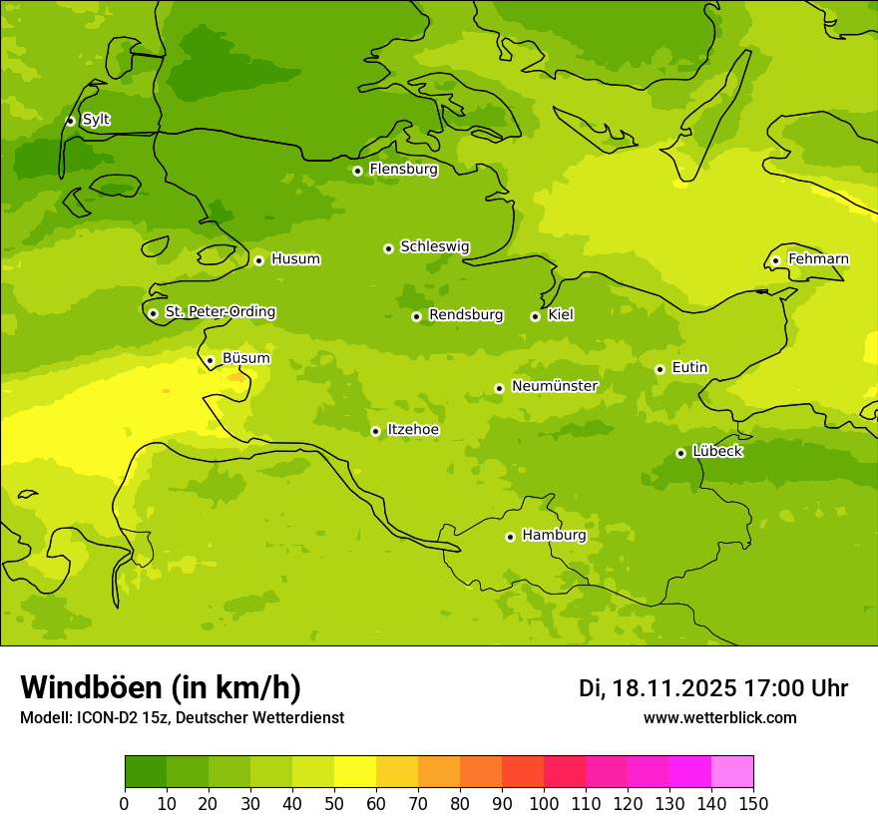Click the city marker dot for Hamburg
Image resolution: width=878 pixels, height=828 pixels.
[510, 537]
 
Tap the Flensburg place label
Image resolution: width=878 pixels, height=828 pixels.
[403, 170]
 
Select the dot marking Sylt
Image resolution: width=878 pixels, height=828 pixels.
[70, 121]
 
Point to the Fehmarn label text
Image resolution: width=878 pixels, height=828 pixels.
[818, 259]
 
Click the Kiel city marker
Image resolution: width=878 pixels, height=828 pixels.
[535, 316]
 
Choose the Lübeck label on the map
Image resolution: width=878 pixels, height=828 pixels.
[716, 451]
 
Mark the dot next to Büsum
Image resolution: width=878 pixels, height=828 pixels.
[210, 360]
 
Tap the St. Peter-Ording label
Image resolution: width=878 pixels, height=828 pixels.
[219, 312]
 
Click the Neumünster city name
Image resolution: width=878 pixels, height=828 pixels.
[554, 386]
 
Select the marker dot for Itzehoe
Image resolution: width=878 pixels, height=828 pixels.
[375, 431]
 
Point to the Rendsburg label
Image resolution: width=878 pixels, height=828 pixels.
[466, 315]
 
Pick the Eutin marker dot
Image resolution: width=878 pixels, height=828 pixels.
[659, 369]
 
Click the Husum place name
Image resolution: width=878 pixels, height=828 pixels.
[295, 259]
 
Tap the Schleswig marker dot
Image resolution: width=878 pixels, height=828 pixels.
[388, 248]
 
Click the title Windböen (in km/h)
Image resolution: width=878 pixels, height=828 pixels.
[161, 687]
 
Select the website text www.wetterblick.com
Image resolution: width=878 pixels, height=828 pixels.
[719, 718]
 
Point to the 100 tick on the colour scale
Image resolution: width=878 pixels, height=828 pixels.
[544, 803]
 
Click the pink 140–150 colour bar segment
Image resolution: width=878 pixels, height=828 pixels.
[731, 772]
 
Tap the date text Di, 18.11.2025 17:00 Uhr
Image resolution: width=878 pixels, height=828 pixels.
[712, 688]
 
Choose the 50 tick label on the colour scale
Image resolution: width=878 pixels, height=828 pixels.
[334, 803]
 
